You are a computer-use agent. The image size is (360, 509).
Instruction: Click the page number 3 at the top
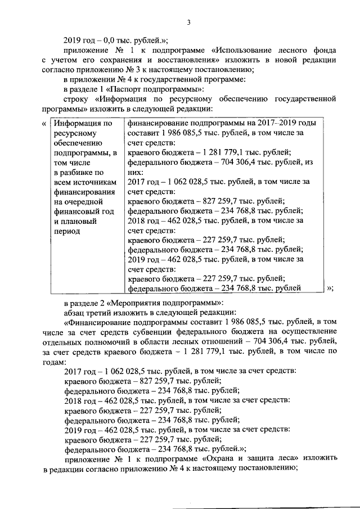pos(189,22)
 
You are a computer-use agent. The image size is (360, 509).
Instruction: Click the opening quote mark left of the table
pos(44,124)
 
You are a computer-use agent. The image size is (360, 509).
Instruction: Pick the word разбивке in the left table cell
pos(79,173)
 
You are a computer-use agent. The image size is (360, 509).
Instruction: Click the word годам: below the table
pos(53,362)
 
